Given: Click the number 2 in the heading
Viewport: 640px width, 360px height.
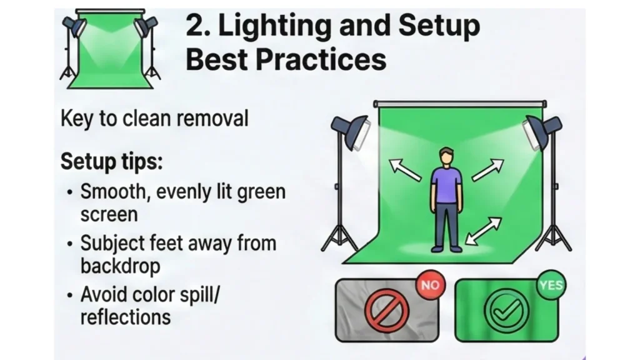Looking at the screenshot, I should [x=196, y=26].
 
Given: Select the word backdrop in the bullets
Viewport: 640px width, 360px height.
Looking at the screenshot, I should [x=120, y=266].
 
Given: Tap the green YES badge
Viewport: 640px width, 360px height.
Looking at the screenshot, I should [x=550, y=286].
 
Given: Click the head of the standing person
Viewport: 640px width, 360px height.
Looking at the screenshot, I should [x=446, y=156].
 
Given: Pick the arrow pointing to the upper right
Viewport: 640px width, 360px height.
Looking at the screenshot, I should [x=487, y=169].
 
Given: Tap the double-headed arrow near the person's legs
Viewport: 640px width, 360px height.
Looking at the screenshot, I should [x=484, y=231].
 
